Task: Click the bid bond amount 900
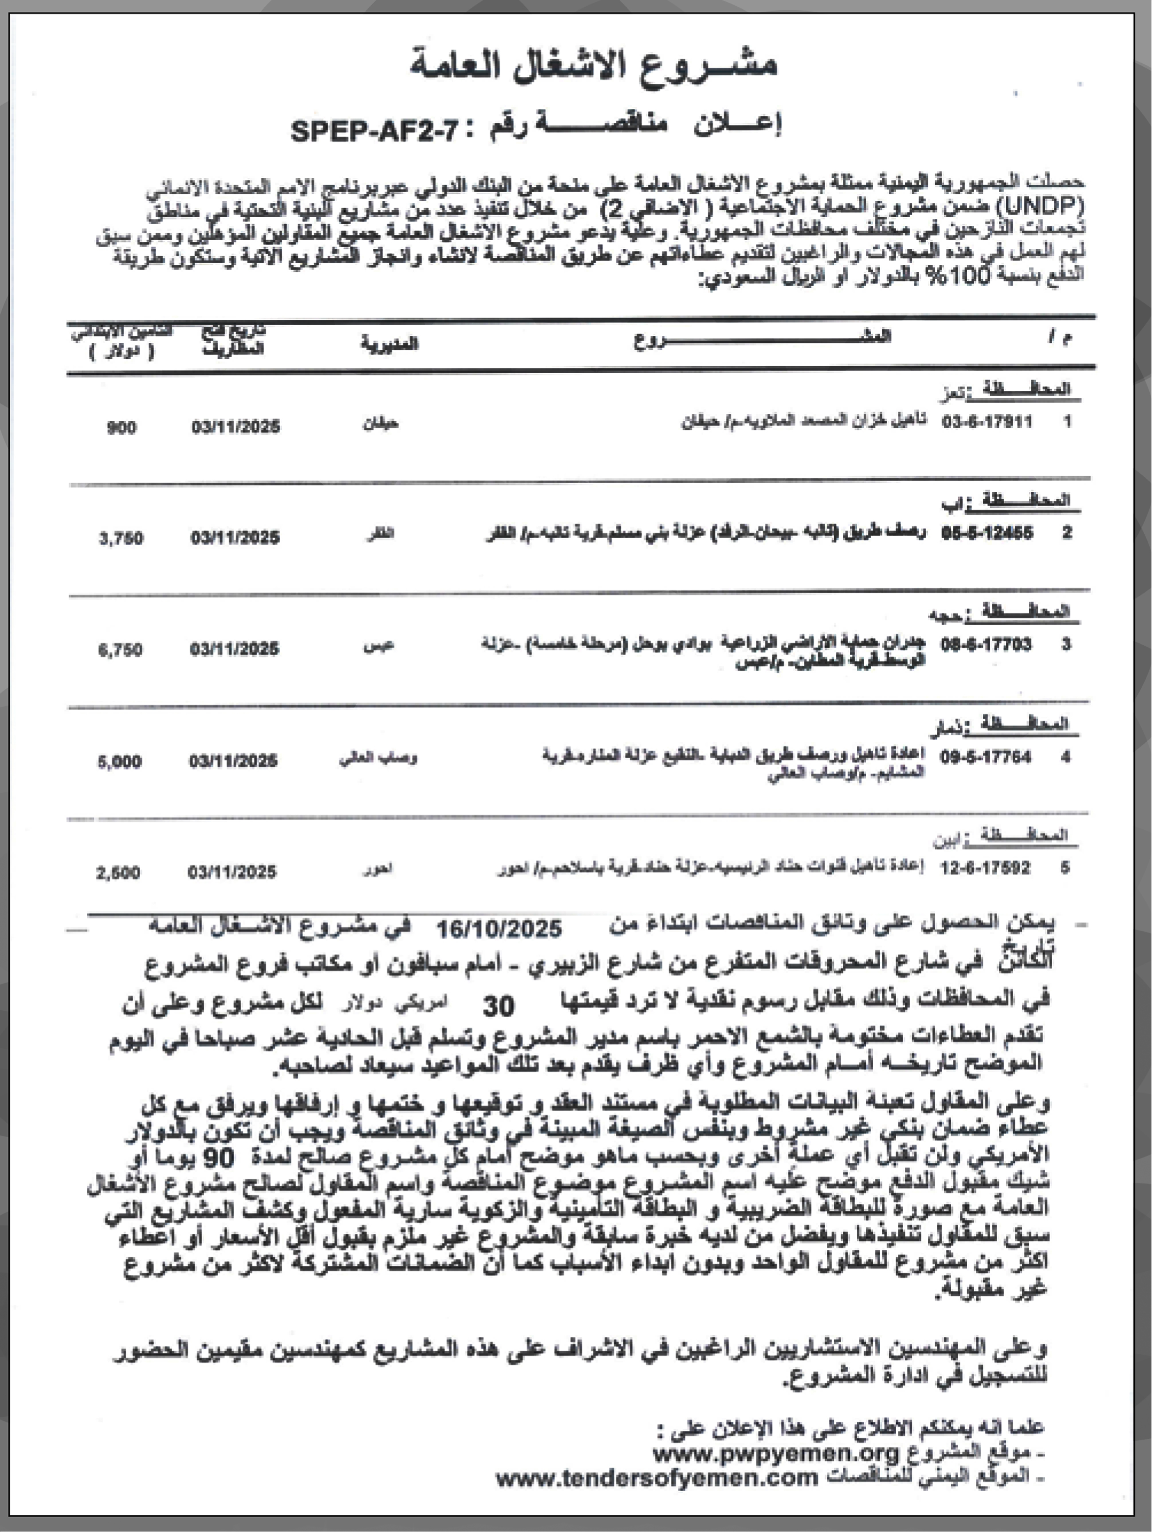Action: [121, 427]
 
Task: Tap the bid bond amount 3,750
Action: [121, 538]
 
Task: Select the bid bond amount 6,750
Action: [121, 649]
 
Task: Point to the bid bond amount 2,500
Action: [118, 873]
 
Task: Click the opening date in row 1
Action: [235, 426]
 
